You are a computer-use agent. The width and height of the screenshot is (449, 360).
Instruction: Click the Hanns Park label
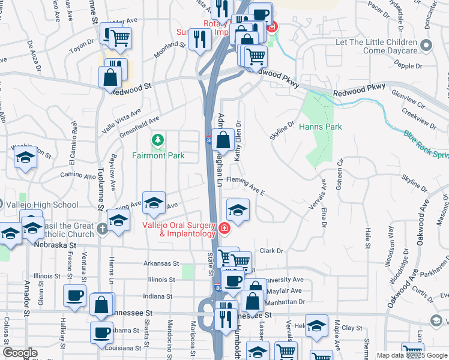pyautogui.click(x=321, y=127)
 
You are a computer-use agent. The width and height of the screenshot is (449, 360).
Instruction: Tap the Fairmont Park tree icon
pyautogui.click(x=158, y=140)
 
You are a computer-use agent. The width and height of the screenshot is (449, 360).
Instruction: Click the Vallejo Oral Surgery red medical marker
pyautogui.click(x=223, y=228)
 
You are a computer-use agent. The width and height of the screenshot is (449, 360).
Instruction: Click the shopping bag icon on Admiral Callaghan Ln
pyautogui.click(x=223, y=140)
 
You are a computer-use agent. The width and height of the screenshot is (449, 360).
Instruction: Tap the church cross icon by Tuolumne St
pyautogui.click(x=103, y=228)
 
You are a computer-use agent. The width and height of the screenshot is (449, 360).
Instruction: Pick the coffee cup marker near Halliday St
pyautogui.click(x=74, y=295)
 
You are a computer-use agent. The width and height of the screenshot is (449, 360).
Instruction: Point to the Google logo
pyautogui.click(x=20, y=353)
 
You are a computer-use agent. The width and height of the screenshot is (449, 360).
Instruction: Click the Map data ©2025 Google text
pyautogui.click(x=411, y=355)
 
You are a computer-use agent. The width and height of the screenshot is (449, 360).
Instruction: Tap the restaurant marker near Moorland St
pyautogui.click(x=199, y=40)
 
